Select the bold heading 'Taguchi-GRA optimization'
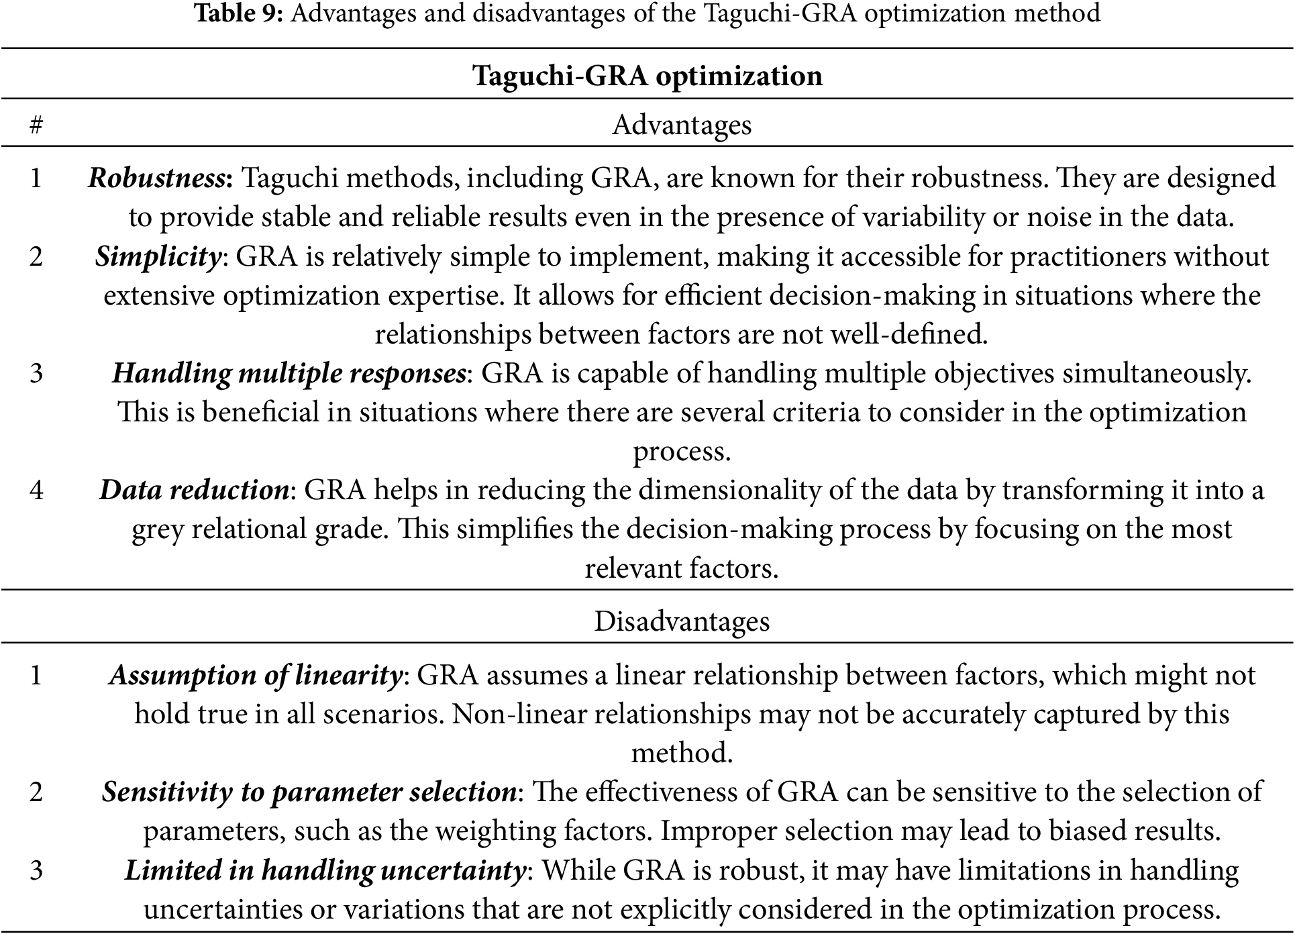647,75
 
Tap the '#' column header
36,125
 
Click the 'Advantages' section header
682,125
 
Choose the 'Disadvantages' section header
682,621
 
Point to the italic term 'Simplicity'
158,257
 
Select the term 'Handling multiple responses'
289,374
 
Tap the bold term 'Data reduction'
194,490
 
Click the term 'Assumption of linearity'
255,675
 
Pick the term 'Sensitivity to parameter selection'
309,792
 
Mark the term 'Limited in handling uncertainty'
325,871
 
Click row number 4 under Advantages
36,490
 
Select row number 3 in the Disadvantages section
36,871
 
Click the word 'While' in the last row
578,871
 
